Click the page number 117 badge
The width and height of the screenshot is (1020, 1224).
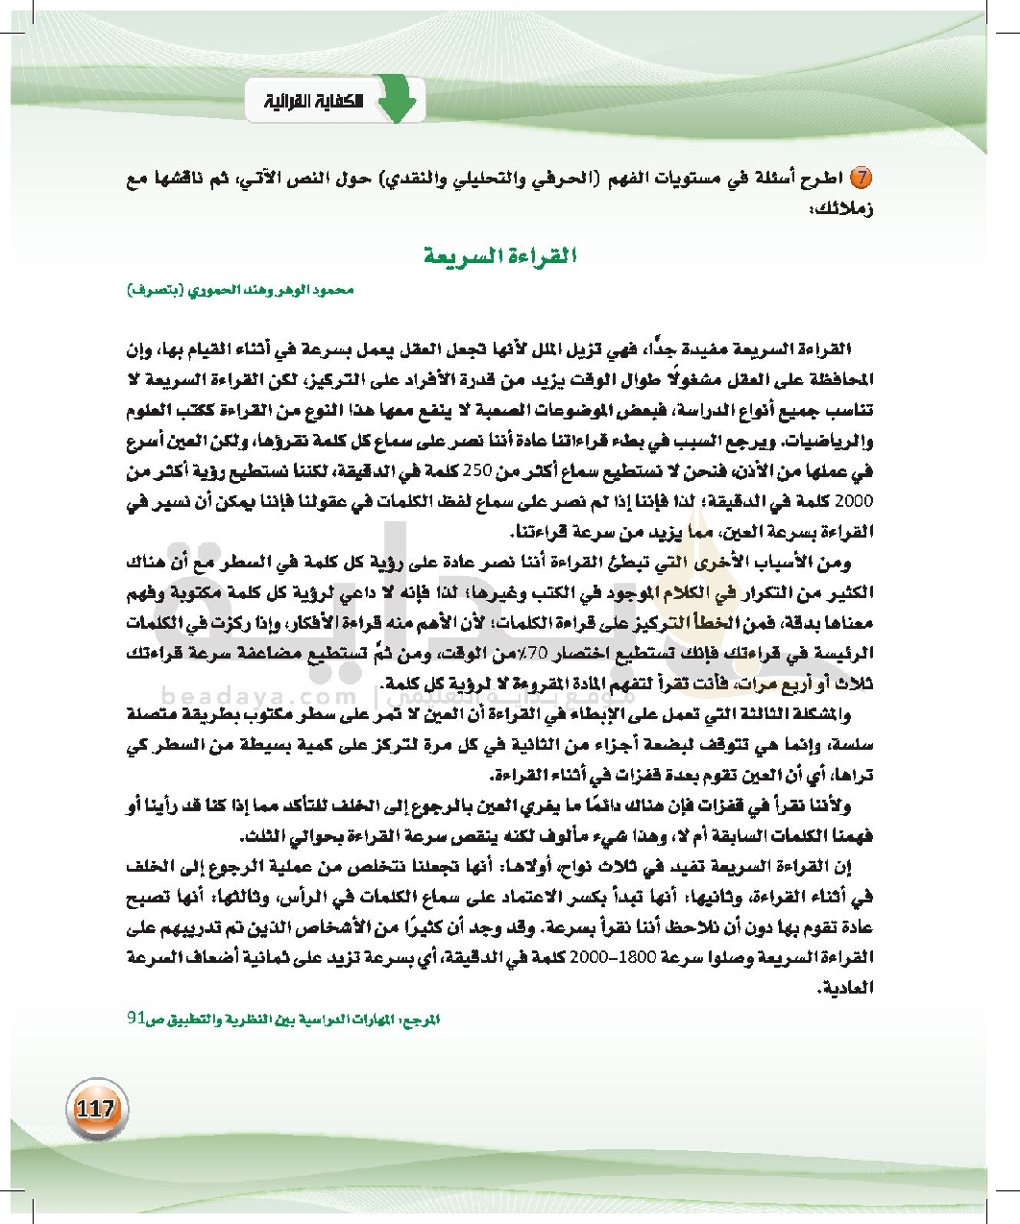coord(95,1109)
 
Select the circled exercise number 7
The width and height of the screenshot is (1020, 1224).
coord(862,179)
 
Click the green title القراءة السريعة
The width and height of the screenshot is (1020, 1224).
coord(500,256)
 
